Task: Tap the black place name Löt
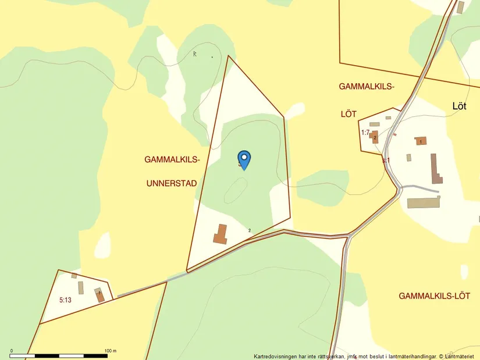pyautogui.click(x=459, y=106)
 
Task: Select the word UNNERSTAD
pyautogui.click(x=172, y=183)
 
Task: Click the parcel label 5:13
pyautogui.click(x=65, y=300)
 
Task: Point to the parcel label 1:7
pyautogui.click(x=365, y=133)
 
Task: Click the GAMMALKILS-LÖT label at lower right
pyautogui.click(x=434, y=296)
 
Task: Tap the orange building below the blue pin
pyautogui.click(x=220, y=234)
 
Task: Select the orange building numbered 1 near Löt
pyautogui.click(x=420, y=141)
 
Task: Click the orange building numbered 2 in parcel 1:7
pyautogui.click(x=375, y=137)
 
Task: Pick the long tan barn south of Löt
pyautogui.click(x=424, y=203)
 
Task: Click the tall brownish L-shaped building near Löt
pyautogui.click(x=436, y=169)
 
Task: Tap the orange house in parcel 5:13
pyautogui.click(x=99, y=295)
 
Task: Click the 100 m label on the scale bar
pyautogui.click(x=111, y=351)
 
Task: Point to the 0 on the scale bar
pyautogui.click(x=12, y=351)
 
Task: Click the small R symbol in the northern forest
pyautogui.click(x=195, y=54)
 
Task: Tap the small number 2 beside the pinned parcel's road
pyautogui.click(x=250, y=231)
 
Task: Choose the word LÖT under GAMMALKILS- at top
pyautogui.click(x=349, y=114)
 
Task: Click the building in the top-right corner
pyautogui.click(x=461, y=7)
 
